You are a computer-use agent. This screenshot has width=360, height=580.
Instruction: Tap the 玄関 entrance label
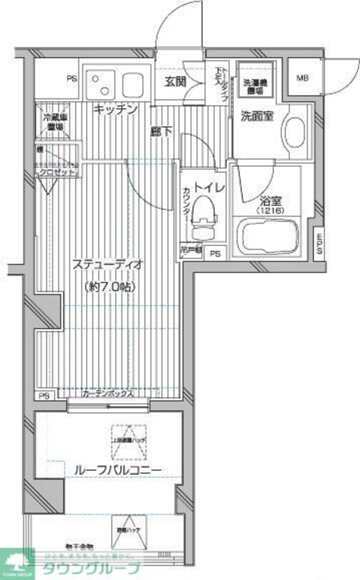coord(175,82)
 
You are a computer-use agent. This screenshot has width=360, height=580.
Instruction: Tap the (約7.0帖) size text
coord(107,286)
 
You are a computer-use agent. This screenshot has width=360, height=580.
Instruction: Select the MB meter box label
coord(302,78)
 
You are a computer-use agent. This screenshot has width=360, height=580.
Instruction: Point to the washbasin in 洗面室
coord(294,127)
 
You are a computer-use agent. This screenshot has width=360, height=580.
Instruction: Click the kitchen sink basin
coord(132,84)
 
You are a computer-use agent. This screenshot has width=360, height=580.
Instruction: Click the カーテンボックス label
coord(107,394)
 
